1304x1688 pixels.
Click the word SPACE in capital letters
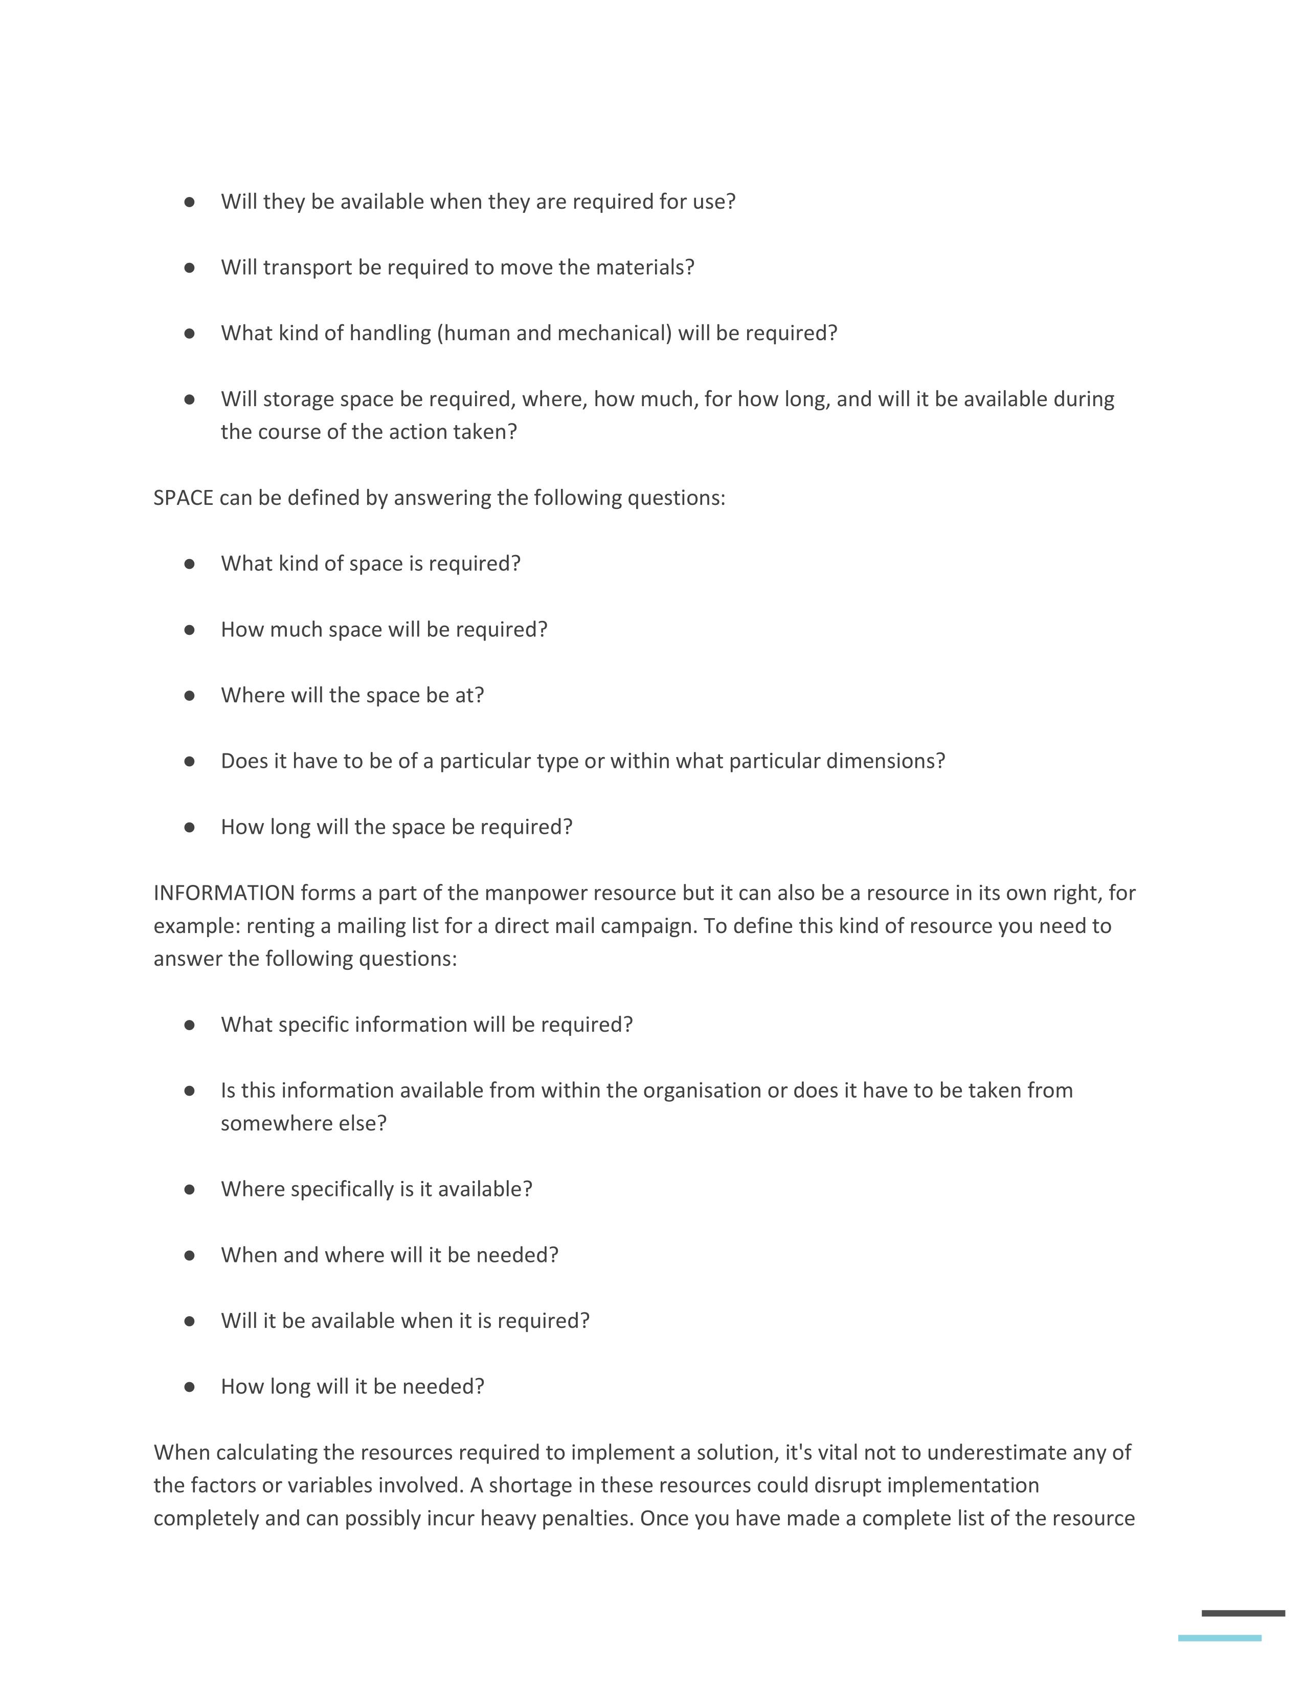(183, 498)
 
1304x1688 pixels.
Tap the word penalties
(587, 1519)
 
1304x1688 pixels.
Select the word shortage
(531, 1485)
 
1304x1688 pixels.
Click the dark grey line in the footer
(1243, 1613)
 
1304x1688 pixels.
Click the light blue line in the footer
(1219, 1638)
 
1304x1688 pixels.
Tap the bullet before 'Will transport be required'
(189, 268)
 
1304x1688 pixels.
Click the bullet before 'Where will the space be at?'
(189, 696)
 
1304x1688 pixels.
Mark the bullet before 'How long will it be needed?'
(189, 1387)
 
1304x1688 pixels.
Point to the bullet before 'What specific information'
(189, 1025)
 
